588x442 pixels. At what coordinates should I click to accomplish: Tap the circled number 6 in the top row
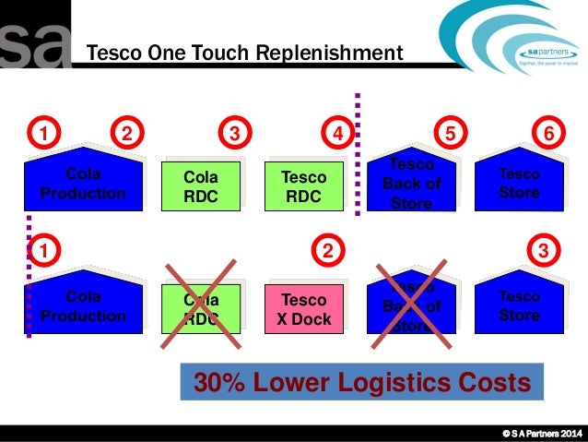click(x=550, y=134)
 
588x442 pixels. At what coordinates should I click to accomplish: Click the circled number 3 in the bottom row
click(x=545, y=250)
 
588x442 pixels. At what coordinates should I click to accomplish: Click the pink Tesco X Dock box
click(x=303, y=309)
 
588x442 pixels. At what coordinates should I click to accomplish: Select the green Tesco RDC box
click(x=303, y=186)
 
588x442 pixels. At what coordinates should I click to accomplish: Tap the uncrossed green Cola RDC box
click(x=201, y=186)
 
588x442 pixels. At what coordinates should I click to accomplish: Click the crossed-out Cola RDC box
click(x=201, y=309)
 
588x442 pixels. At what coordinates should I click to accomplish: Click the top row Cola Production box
click(x=83, y=183)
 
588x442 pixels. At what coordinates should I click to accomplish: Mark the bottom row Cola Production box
click(x=83, y=306)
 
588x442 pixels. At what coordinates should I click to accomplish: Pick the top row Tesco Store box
click(x=519, y=183)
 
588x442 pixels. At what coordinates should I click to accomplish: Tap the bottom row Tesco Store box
click(x=519, y=306)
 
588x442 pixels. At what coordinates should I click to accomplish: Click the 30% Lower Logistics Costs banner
click(x=362, y=382)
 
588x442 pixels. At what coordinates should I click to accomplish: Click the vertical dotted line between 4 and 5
click(x=358, y=152)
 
